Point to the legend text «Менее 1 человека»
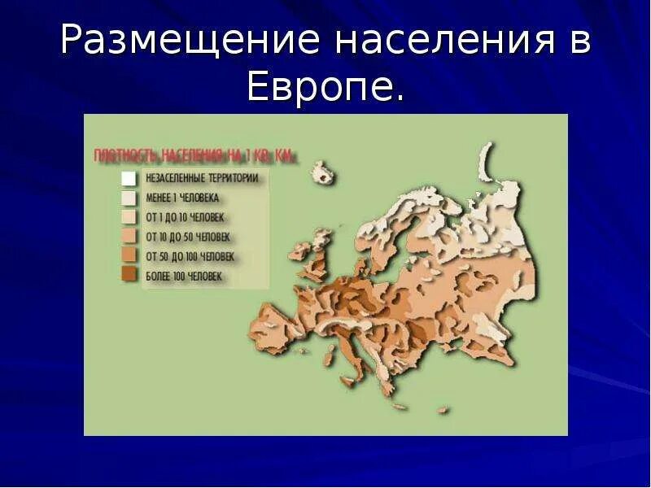coord(182,198)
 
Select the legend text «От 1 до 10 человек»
coord(185,217)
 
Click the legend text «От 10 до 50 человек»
coord(188,237)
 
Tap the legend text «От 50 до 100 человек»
coord(190,256)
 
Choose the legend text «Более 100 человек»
coord(184,277)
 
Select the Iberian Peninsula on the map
coord(281,329)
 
